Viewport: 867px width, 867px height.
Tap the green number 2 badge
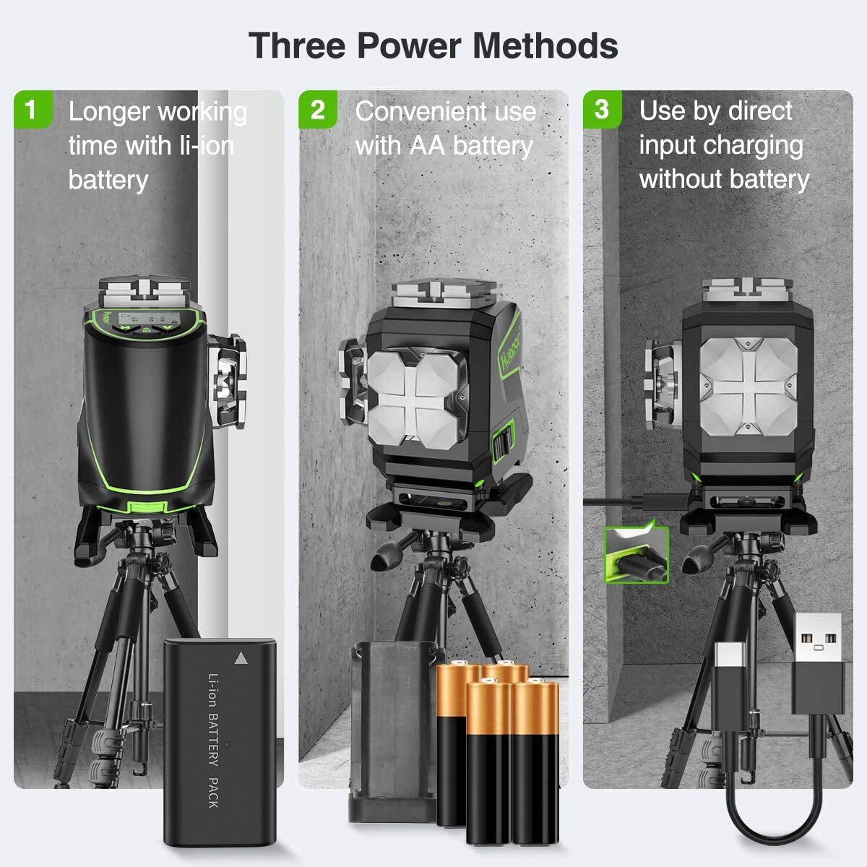coord(317,110)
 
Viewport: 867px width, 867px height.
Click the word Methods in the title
coord(545,46)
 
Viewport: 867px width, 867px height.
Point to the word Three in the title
coord(296,46)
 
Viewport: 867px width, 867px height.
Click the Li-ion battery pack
coord(219,741)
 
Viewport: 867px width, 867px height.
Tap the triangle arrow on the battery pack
coord(241,658)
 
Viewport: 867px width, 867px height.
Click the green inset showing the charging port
coord(637,553)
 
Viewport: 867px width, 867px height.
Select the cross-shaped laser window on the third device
coord(747,387)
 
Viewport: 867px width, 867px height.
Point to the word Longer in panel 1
coord(109,112)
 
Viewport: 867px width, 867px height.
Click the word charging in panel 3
coord(758,145)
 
